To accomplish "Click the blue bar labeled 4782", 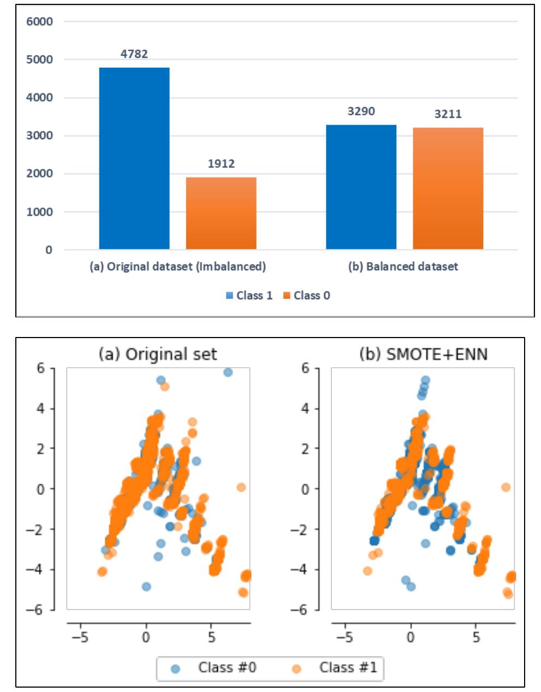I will [134, 158].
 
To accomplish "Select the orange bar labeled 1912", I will [221, 214].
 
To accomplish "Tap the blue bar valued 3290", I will [361, 187].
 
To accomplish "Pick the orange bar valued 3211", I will [448, 188].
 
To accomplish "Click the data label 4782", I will [134, 54].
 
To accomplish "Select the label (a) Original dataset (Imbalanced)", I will [177, 267].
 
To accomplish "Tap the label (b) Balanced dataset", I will [403, 267].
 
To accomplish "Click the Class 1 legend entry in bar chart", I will [249, 295].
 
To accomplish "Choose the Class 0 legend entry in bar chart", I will [307, 295].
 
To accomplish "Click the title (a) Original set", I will [158, 354].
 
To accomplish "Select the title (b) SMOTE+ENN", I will [423, 354].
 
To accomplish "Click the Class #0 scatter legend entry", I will [216, 667].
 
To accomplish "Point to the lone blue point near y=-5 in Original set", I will [146, 587].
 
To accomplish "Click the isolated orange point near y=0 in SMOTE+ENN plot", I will [506, 487].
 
